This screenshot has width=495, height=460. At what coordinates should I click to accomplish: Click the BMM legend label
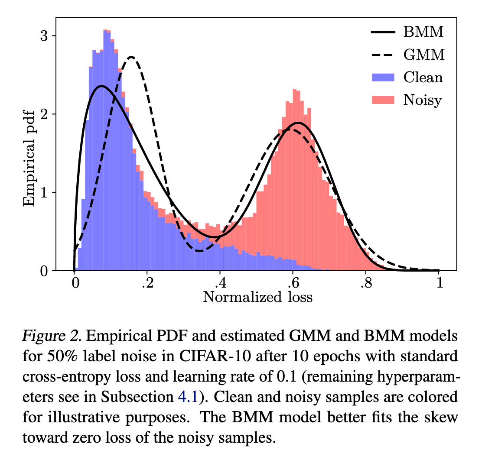tap(423, 32)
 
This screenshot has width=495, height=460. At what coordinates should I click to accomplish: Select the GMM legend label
tap(423, 55)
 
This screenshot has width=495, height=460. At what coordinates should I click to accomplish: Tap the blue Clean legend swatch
tap(383, 78)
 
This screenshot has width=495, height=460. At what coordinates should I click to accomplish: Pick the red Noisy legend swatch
tap(383, 100)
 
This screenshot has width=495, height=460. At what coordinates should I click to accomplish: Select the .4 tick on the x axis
tap(220, 283)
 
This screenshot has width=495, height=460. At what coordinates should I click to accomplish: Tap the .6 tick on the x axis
tap(293, 283)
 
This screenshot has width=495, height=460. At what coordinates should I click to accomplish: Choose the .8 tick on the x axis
tap(366, 283)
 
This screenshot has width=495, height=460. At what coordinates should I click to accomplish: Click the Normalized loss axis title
tap(257, 297)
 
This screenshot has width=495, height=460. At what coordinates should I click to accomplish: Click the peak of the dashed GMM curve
tap(131, 57)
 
